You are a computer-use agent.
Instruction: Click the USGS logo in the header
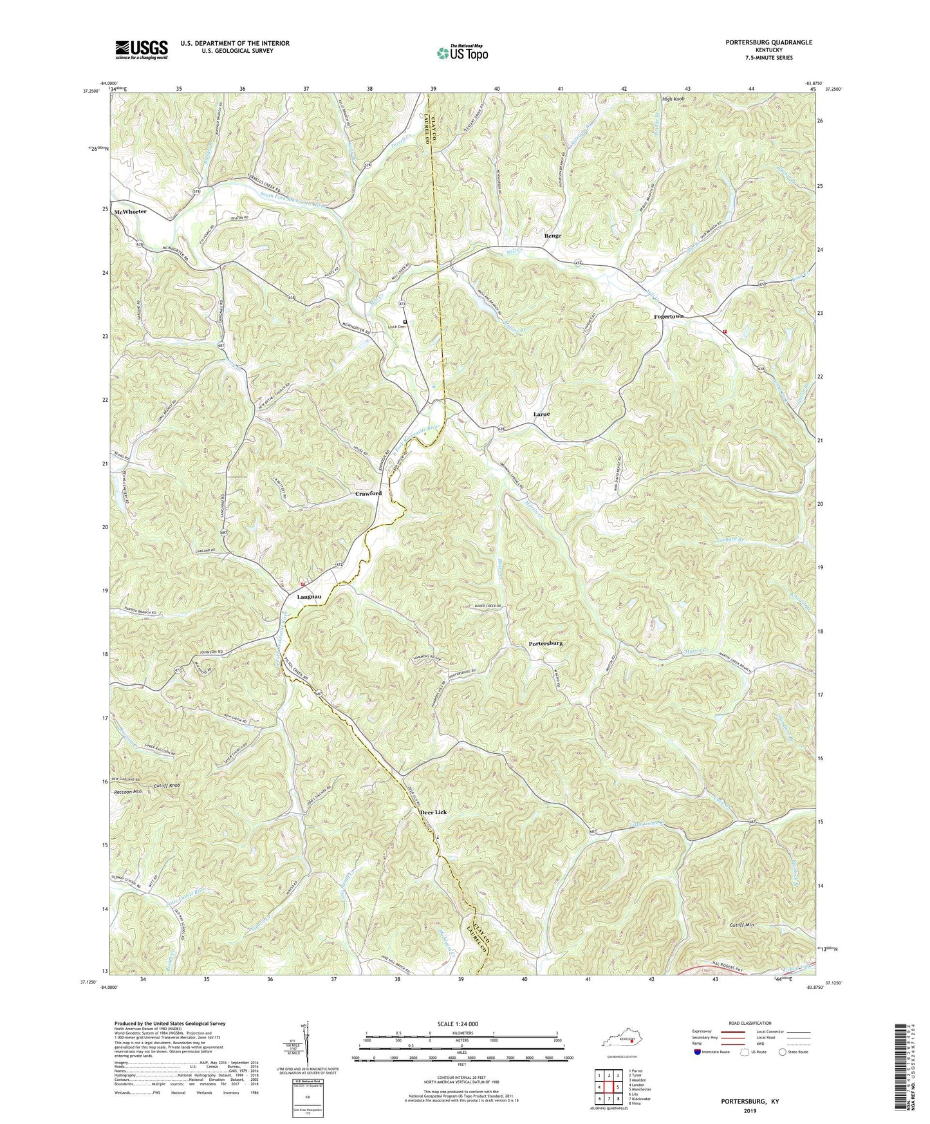click(x=142, y=49)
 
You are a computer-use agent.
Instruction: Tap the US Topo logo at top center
click(x=461, y=52)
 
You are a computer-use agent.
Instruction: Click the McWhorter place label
click(x=131, y=212)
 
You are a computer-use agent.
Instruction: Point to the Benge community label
click(x=552, y=236)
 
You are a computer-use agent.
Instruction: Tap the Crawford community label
click(x=368, y=493)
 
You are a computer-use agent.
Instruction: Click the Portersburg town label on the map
click(x=546, y=643)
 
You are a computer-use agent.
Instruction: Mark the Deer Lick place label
click(x=433, y=812)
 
